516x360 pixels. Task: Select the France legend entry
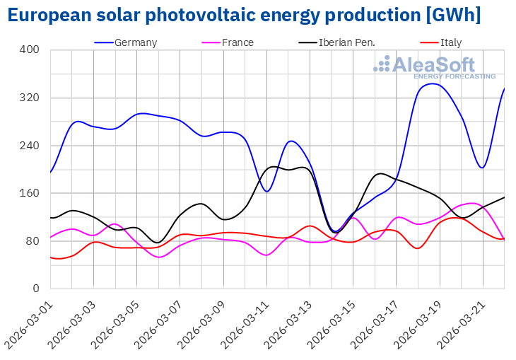coord(238,42)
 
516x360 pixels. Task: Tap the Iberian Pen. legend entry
coord(346,42)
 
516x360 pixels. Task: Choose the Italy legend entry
coord(450,42)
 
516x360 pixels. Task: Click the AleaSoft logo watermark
coord(434,66)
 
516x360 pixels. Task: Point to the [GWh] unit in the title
coord(456,16)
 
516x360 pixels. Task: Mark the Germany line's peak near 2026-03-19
coord(433,83)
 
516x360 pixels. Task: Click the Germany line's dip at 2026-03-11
coord(267,192)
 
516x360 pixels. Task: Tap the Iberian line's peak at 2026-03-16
coord(380,173)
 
